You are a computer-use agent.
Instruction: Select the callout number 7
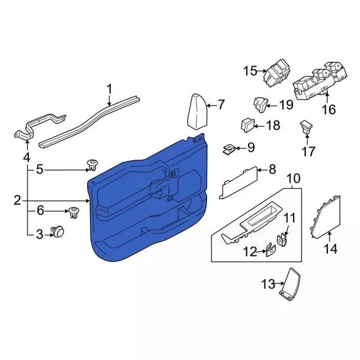(x=221, y=105)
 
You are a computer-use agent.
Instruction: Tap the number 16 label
(x=328, y=109)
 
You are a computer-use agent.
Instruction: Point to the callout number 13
(x=268, y=284)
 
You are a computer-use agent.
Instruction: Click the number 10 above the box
(x=293, y=178)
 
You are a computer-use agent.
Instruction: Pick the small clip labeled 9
(x=228, y=149)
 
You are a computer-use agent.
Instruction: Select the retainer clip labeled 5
(x=93, y=165)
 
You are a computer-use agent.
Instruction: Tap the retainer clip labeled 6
(x=74, y=213)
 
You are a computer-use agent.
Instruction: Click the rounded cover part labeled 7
(x=197, y=112)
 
